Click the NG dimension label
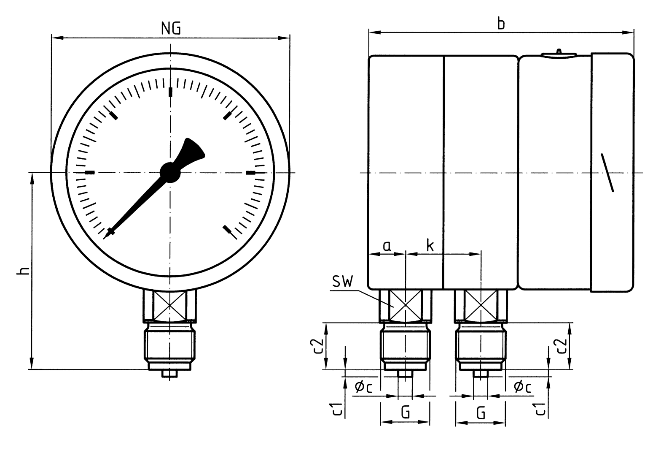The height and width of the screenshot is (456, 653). (x=171, y=28)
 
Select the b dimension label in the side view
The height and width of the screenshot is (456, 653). (x=500, y=24)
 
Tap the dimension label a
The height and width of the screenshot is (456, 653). (x=387, y=245)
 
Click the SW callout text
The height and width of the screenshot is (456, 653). (x=342, y=282)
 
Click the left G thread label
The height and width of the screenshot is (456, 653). (x=405, y=412)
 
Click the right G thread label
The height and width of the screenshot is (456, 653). (x=480, y=412)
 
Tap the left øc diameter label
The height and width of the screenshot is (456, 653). (x=363, y=386)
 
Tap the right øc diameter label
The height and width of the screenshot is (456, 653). (x=522, y=386)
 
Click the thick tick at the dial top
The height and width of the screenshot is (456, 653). (x=170, y=92)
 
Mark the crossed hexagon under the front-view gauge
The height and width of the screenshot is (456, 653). (x=170, y=306)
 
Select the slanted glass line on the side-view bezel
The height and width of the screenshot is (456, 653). (x=607, y=173)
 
